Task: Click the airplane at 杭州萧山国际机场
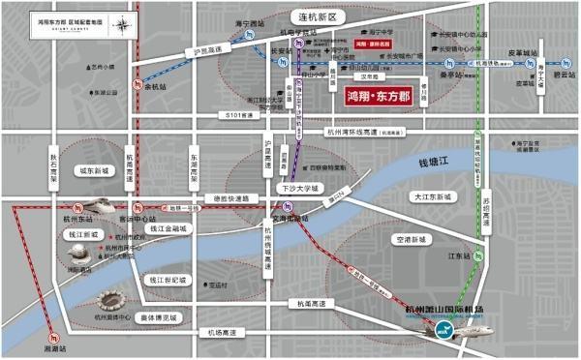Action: click(445, 328)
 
